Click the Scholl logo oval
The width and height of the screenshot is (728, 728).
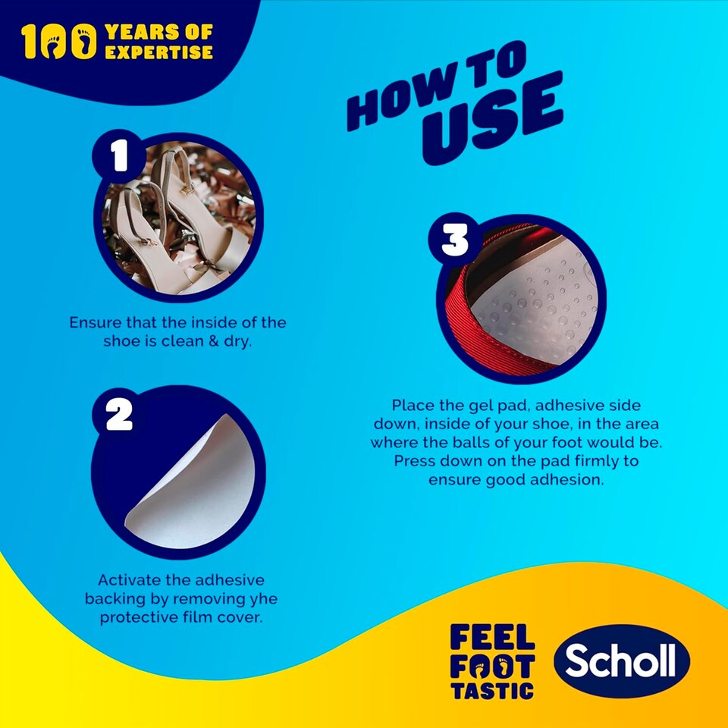(621, 662)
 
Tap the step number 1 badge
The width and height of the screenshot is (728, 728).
(119, 157)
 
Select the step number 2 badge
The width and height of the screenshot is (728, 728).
(119, 414)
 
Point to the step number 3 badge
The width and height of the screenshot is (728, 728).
(455, 241)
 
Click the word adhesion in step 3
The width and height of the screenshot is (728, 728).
(569, 480)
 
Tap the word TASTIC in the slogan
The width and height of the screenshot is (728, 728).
(492, 690)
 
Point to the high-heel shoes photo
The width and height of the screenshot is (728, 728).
(180, 220)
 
